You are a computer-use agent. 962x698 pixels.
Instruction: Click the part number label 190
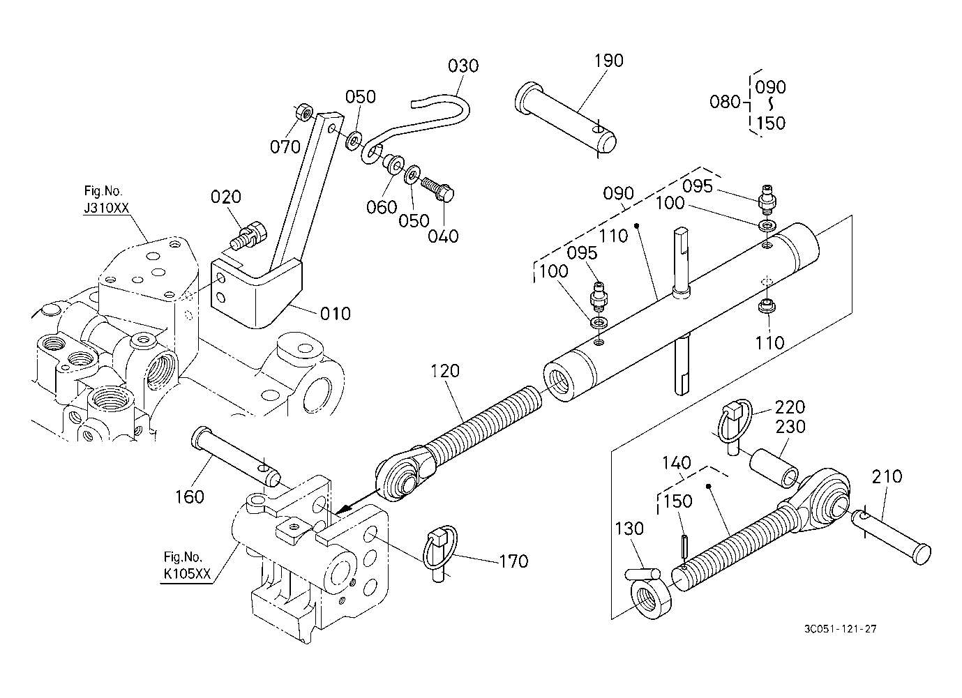click(608, 61)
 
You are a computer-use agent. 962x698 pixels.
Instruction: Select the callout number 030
click(463, 66)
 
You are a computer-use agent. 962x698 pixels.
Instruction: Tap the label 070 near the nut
click(285, 146)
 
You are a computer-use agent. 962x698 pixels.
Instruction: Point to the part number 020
click(225, 197)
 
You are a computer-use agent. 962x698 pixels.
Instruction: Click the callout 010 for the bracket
click(336, 314)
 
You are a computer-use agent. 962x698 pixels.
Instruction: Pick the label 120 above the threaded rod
click(445, 371)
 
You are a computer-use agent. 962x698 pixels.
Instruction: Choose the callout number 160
click(190, 496)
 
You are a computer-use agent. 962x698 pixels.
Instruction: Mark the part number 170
click(513, 561)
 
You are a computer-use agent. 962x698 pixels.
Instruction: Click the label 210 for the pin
click(887, 477)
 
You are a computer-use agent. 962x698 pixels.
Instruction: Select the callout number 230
click(790, 427)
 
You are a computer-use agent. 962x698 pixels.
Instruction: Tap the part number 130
click(629, 529)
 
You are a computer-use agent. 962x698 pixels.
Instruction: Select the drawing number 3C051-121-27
click(840, 629)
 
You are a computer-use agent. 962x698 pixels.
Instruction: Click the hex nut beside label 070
click(303, 111)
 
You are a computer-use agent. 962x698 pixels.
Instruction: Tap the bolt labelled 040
click(439, 188)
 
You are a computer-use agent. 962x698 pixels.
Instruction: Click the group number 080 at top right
click(725, 103)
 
